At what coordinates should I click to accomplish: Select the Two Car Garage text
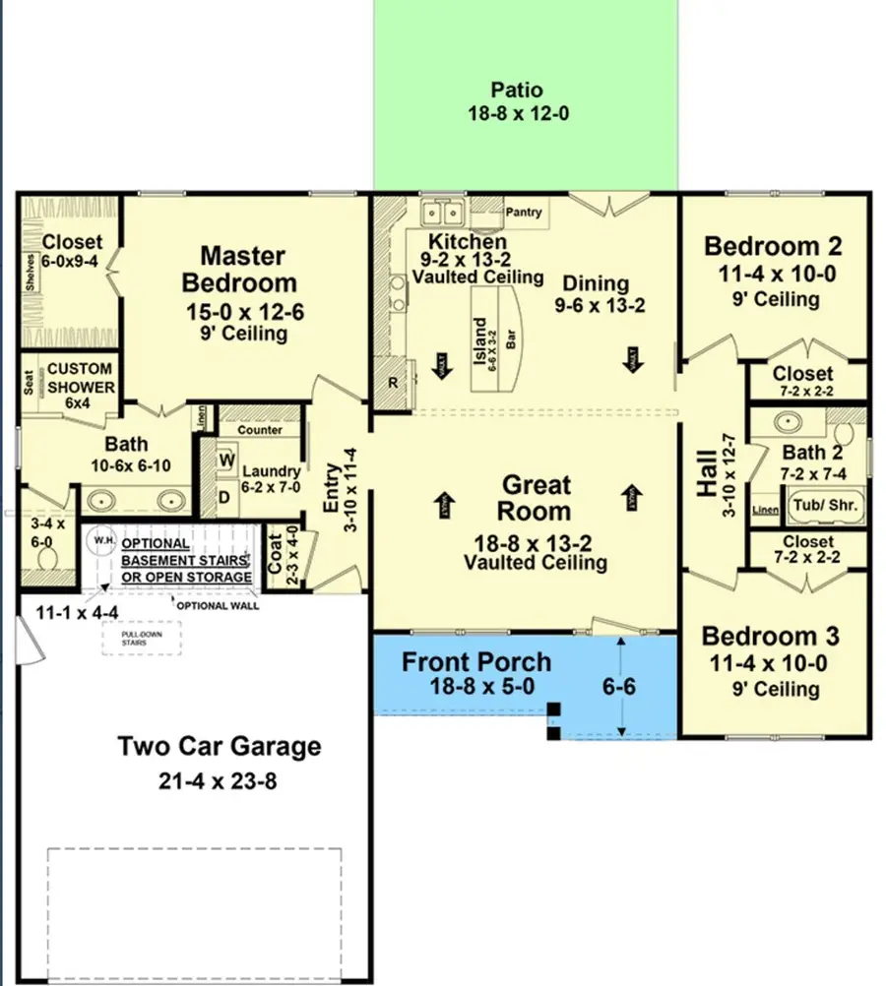[220, 746]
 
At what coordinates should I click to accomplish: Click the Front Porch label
[476, 661]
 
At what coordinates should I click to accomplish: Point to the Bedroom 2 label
[773, 246]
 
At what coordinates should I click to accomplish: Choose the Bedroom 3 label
[773, 635]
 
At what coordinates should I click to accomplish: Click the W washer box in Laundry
[224, 460]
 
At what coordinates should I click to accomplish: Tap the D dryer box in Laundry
[224, 497]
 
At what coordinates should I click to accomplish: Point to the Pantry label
[524, 212]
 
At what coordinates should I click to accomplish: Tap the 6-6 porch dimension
[618, 687]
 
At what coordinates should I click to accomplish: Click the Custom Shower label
[80, 378]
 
